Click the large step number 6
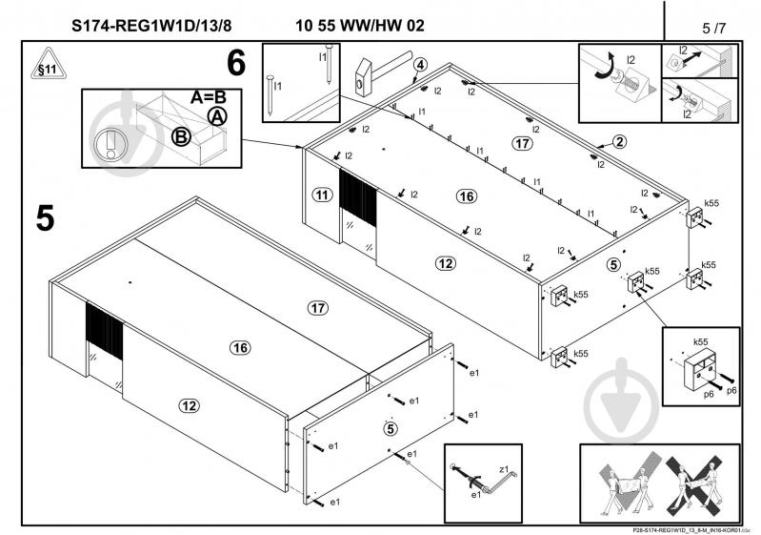(x=236, y=64)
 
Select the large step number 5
(x=45, y=217)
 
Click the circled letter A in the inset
(x=218, y=116)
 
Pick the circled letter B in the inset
(x=180, y=136)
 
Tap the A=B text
(x=210, y=97)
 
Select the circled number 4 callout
(x=420, y=65)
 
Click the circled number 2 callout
(x=618, y=142)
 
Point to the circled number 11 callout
(x=322, y=194)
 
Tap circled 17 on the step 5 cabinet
(x=317, y=307)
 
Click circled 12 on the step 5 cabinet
(x=190, y=406)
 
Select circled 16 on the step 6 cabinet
(x=465, y=196)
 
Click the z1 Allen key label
(x=505, y=470)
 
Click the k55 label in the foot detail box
(x=700, y=341)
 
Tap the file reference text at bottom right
(x=684, y=528)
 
